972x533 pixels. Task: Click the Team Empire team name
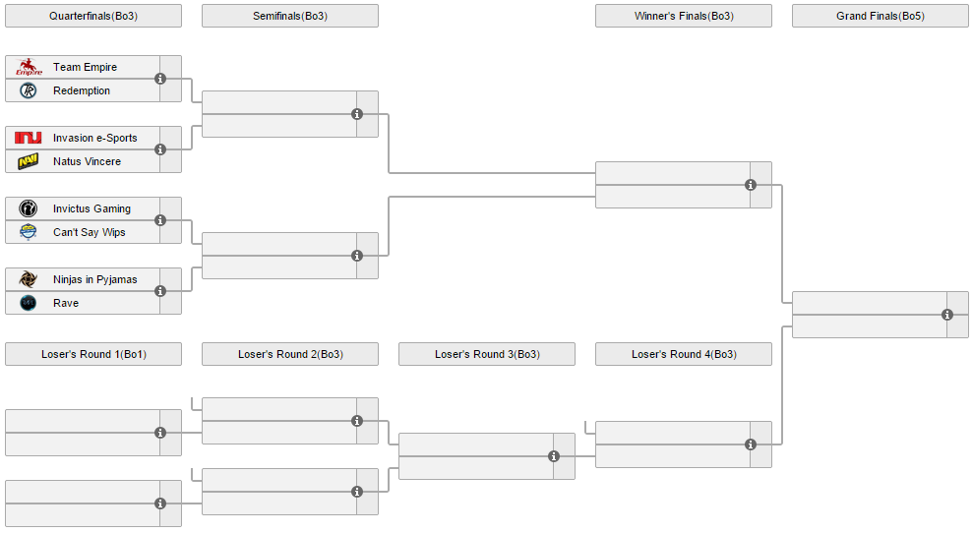[85, 67]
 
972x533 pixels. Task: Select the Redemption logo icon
[28, 90]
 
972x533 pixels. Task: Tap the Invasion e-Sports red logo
[28, 138]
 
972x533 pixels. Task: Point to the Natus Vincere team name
[87, 161]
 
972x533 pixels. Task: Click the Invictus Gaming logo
[28, 208]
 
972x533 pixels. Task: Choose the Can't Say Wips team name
[90, 232]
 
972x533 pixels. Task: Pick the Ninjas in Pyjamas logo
[28, 279]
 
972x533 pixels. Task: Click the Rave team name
[66, 303]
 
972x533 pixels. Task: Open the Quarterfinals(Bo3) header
[93, 16]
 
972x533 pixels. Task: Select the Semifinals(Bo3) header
[290, 16]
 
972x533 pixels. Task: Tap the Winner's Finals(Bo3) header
[684, 16]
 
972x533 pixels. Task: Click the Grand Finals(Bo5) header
[881, 16]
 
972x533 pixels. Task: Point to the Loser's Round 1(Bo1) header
[93, 354]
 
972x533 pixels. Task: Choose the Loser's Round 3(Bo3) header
[487, 354]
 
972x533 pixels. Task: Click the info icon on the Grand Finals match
[947, 315]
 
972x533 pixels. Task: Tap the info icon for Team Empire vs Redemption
[160, 79]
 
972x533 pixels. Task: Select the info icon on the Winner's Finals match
[751, 185]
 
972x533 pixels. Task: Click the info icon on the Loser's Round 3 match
[554, 456]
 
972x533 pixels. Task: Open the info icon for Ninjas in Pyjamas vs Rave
[160, 291]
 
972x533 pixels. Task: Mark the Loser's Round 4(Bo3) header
[684, 354]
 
